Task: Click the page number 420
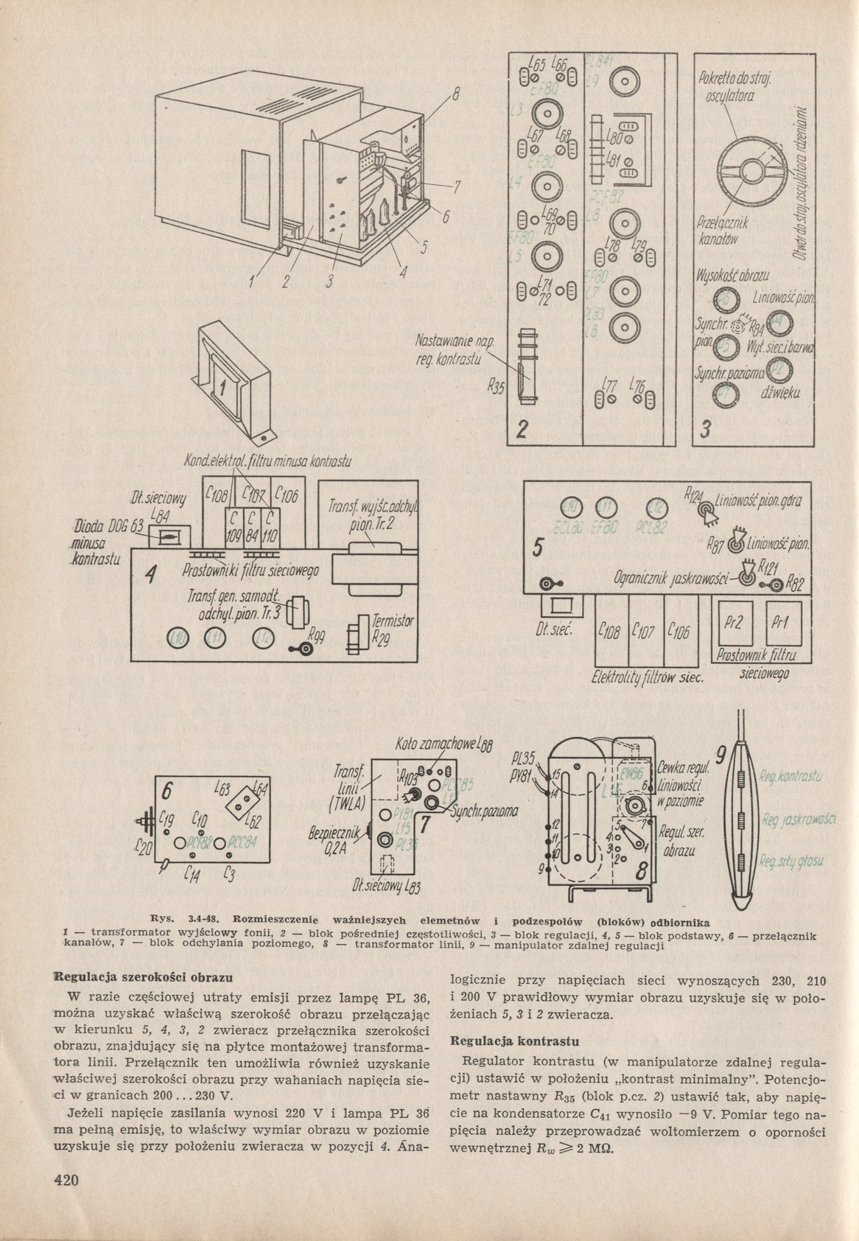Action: (x=65, y=1180)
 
